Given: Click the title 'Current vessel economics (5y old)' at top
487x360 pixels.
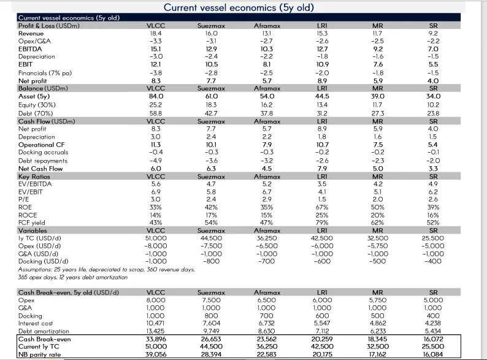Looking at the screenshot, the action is click(x=239, y=7).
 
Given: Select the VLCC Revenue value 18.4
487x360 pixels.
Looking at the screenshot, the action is click(x=156, y=33).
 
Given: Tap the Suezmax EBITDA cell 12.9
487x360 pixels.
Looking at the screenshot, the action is click(x=211, y=49).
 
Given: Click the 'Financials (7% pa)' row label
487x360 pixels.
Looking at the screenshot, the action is click(x=45, y=73).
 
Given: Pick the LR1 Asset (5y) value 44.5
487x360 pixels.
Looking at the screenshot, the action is click(x=322, y=96).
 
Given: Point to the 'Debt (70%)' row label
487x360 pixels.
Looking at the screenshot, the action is click(x=36, y=113).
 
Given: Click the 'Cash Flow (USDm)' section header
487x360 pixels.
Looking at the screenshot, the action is click(x=47, y=121).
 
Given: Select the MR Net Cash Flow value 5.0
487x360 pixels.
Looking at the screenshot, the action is click(x=378, y=169).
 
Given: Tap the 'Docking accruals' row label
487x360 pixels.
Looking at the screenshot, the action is click(x=43, y=152).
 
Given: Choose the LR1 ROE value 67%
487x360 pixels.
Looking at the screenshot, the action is click(x=322, y=207).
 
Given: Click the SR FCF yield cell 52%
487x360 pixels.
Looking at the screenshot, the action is click(x=433, y=223).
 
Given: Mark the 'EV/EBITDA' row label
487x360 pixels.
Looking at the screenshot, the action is click(x=35, y=184).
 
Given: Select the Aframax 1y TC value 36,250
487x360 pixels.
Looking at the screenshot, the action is click(x=266, y=238).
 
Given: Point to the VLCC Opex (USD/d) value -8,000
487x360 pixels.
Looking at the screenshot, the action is click(x=156, y=246).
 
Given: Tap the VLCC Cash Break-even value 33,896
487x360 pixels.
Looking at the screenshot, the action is click(x=156, y=339).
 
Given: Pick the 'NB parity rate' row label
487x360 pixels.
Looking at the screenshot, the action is click(x=39, y=354).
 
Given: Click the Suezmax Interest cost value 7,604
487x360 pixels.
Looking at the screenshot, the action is click(x=211, y=323).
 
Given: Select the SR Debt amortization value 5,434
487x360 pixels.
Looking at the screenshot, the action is click(x=433, y=331).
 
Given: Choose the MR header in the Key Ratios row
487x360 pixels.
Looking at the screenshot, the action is click(x=378, y=177).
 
